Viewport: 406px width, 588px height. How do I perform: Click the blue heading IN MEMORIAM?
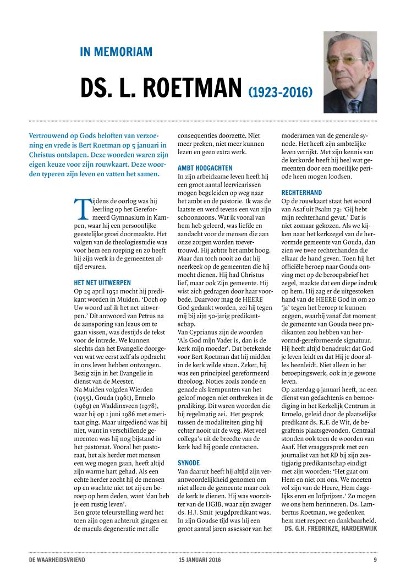pos(116,52)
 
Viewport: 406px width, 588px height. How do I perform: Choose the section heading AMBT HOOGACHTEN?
pos(205,167)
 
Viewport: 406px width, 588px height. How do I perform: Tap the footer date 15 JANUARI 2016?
pos(197,560)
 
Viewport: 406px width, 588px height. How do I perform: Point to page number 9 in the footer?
pos(375,560)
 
